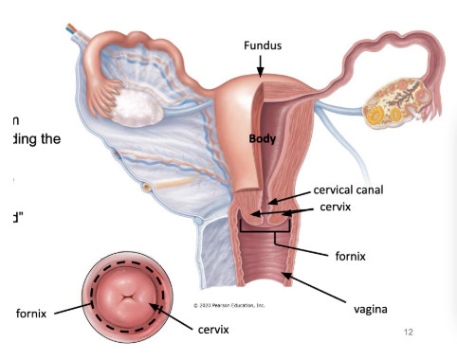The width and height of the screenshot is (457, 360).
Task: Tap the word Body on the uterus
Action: [262, 138]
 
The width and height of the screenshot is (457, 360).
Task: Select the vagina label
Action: [373, 309]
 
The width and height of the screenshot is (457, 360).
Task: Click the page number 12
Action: [409, 333]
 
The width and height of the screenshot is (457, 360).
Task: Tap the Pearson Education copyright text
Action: [228, 305]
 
